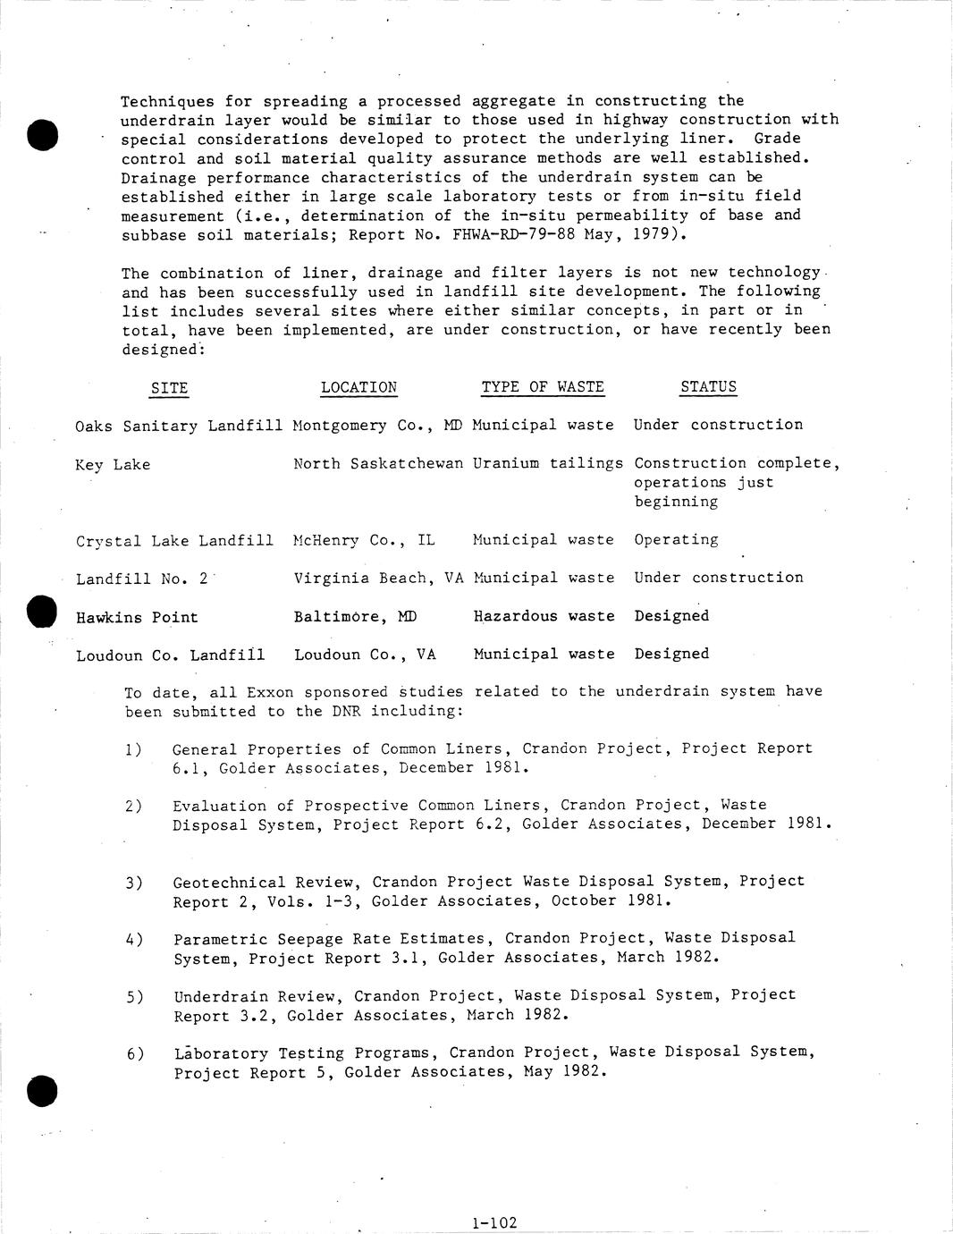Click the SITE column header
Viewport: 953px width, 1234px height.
coord(169,388)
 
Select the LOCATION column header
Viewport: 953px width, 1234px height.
coord(358,387)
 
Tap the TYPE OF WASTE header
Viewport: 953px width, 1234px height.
coord(543,387)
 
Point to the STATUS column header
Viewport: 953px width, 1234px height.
coord(708,387)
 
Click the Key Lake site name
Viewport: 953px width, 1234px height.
coord(113,465)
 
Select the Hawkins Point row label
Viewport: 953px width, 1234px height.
coord(137,618)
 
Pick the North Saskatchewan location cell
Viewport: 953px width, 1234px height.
coord(378,463)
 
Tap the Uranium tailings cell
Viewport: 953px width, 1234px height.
coord(548,463)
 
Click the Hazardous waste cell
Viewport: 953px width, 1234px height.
coord(544,616)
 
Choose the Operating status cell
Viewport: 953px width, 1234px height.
coord(676,540)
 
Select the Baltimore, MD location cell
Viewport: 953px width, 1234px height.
coord(355,617)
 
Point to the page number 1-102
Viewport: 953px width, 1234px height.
coord(493,1222)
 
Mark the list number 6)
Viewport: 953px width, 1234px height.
coord(135,1054)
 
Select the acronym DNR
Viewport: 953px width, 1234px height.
coord(344,712)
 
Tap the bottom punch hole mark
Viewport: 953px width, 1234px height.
coord(42,1091)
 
